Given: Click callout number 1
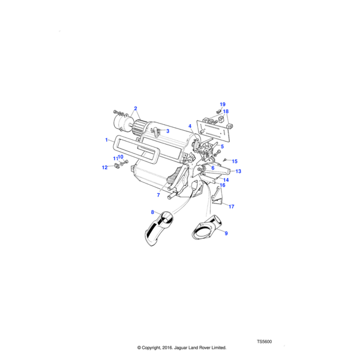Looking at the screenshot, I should click(x=107, y=140).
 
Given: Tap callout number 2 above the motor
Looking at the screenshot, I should click(x=136, y=109).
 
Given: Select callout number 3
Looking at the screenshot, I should click(x=167, y=131).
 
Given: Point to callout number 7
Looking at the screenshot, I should click(x=158, y=195).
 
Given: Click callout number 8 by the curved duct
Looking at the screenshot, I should click(x=152, y=212).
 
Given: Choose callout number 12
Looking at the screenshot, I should click(x=104, y=167).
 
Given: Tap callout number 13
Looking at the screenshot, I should click(x=238, y=172).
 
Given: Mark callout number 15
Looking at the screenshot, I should click(x=235, y=161).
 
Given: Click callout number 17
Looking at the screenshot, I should click(x=231, y=206).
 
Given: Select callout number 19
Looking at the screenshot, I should click(x=222, y=104).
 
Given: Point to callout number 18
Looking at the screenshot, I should click(x=226, y=112).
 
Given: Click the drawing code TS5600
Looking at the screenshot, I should click(x=264, y=341).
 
